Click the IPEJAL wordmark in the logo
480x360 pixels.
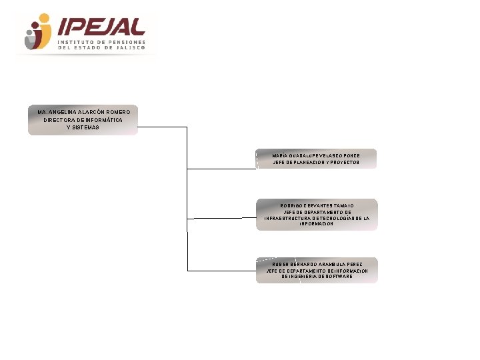click(102, 27)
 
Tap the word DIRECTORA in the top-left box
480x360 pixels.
click(59, 119)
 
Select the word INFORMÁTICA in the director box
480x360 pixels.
click(103, 119)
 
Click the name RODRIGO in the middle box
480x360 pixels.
click(291, 205)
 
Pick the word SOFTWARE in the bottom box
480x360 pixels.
click(339, 277)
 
